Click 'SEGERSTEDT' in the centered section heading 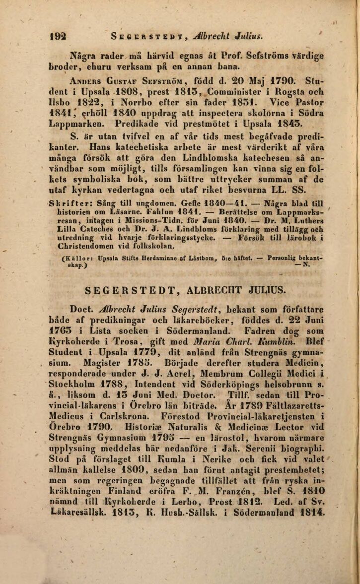(x=125, y=289)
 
